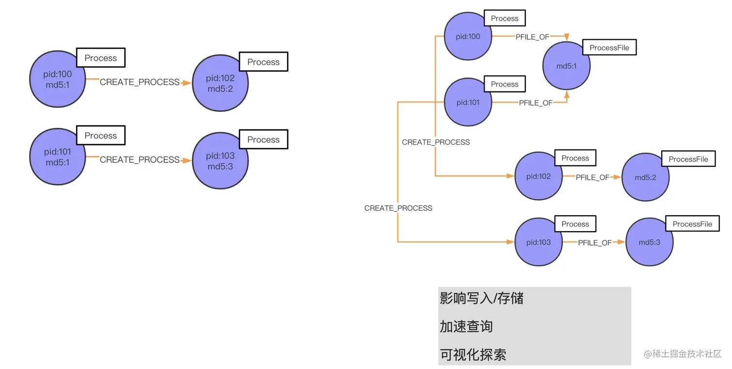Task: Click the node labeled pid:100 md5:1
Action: [x=58, y=79]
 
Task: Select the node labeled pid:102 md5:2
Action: [x=220, y=83]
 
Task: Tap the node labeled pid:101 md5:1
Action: [x=58, y=157]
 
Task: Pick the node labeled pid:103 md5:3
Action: [x=220, y=161]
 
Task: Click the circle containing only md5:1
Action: [x=566, y=66]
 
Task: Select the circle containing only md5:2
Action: [x=645, y=177]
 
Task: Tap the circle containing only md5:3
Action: [x=650, y=242]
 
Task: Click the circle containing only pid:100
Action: [x=468, y=36]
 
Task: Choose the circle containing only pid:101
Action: [x=468, y=103]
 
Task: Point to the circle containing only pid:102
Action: [x=538, y=176]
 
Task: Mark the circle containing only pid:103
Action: [x=538, y=242]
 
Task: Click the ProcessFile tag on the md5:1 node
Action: [x=609, y=47]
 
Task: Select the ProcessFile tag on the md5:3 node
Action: [x=692, y=224]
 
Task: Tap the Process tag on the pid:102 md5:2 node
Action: [x=263, y=62]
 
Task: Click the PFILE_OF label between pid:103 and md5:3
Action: [x=595, y=243]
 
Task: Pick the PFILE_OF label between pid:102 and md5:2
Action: [x=592, y=177]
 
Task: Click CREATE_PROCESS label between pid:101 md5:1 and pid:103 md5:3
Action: [x=139, y=160]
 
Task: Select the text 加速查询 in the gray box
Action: [x=466, y=326]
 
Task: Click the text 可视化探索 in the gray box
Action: [x=473, y=354]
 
